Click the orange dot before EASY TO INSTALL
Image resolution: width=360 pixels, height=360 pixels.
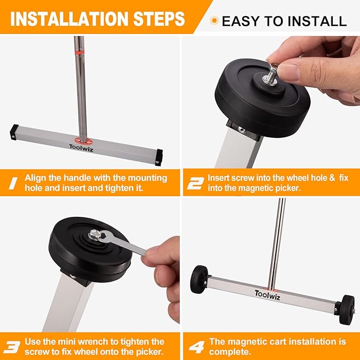(214, 21)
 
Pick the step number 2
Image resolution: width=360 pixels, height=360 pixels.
(195, 184)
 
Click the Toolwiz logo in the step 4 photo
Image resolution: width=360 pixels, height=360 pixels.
(269, 294)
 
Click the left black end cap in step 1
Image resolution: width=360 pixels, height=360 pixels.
(14, 131)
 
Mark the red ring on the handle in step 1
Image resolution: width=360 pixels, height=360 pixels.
(80, 52)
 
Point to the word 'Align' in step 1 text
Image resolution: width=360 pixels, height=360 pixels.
(37, 178)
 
